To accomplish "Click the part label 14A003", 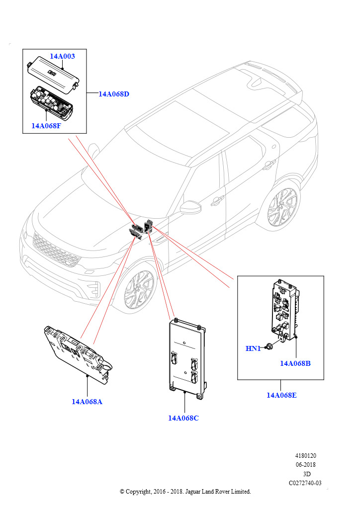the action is [x=62, y=56].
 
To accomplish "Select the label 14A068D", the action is [x=113, y=94].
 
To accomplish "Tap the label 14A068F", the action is [x=46, y=126].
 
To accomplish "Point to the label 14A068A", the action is [x=87, y=402].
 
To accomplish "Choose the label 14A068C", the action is [x=183, y=418].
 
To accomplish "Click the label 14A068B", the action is [x=295, y=363].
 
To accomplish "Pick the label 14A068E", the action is [x=281, y=395].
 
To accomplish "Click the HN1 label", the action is [x=253, y=348].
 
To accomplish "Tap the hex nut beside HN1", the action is [x=269, y=346].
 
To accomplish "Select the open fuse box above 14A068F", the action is [x=50, y=100].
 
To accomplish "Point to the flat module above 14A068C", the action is [x=187, y=358].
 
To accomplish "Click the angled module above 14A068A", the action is [x=78, y=355].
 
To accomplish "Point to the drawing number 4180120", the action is [x=305, y=456].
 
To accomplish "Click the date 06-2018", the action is [x=305, y=465].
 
